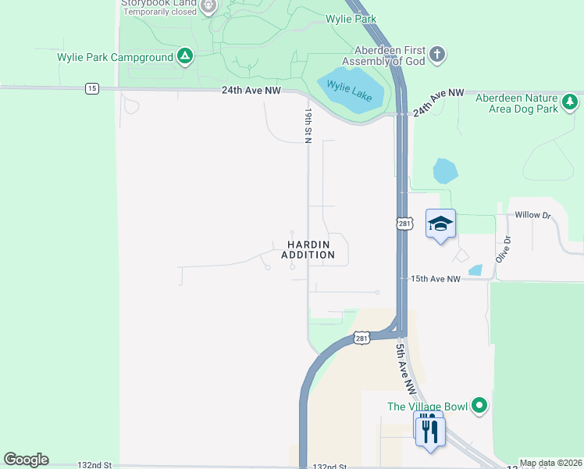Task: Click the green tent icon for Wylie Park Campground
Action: click(x=185, y=56)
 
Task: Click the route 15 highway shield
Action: click(x=92, y=89)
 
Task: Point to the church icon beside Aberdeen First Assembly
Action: click(x=438, y=55)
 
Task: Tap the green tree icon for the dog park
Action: click(x=570, y=102)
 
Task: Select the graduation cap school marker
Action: click(x=440, y=224)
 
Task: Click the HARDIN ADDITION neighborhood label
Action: click(x=308, y=249)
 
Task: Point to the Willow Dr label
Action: click(x=533, y=214)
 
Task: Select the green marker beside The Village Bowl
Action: click(x=480, y=406)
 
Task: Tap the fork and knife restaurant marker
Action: click(x=430, y=429)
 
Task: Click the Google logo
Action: click(x=26, y=460)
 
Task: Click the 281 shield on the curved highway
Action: click(x=360, y=338)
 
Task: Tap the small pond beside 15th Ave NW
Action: click(x=475, y=271)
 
